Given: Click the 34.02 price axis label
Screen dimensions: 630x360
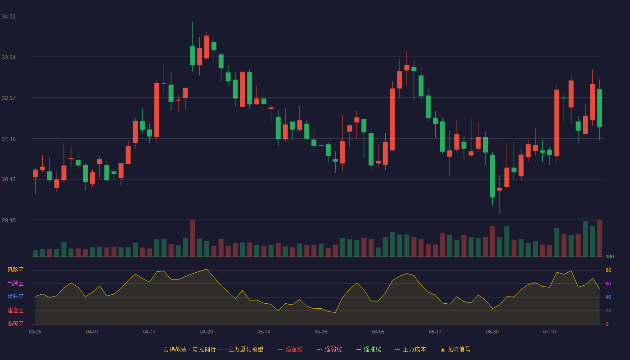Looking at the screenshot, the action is (9, 17).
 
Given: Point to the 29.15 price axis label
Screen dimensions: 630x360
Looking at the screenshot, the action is (9, 220).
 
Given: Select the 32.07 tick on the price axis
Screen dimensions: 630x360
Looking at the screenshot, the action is (9, 98).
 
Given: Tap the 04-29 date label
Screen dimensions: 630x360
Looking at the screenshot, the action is (207, 332).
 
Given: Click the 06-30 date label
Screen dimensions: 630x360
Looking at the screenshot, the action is (492, 332).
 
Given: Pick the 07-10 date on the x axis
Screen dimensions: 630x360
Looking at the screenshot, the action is (549, 332).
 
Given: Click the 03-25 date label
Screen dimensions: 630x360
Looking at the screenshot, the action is (35, 332).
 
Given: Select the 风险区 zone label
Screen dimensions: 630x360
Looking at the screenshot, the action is (15, 270).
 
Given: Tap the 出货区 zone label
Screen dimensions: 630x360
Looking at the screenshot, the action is (15, 283).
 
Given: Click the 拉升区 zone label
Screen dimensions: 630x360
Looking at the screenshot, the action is (15, 297).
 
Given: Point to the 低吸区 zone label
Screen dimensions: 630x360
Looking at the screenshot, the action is (15, 324).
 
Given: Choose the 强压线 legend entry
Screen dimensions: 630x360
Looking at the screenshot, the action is (290, 349).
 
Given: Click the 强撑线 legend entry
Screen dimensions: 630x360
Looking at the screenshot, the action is (369, 349).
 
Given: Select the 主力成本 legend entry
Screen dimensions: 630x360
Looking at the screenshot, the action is (410, 349).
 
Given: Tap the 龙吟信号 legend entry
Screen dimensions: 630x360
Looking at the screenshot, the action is (455, 349).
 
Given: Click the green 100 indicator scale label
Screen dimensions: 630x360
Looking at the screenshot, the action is (610, 256).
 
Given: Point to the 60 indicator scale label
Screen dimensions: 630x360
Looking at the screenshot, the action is (608, 283).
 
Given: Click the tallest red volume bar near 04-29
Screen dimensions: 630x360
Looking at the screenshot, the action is (193, 238).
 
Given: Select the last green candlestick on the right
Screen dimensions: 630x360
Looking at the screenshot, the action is (599, 108).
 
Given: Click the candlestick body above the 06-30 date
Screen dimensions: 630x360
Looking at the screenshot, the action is (492, 176).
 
